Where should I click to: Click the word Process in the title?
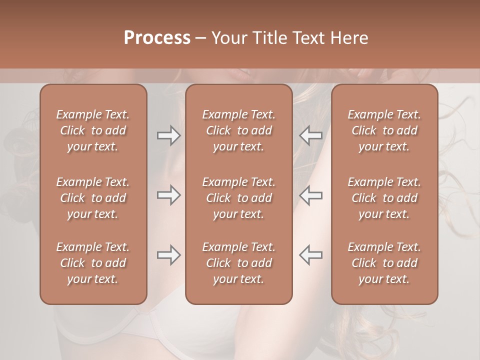157,38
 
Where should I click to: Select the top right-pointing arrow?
168,135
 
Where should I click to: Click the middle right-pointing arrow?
168,195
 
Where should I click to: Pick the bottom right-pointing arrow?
168,255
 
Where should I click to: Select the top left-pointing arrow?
310,135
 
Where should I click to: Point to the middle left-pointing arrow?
310,195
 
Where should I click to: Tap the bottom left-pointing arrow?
310,255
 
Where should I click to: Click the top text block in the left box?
93,130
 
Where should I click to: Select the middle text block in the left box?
93,198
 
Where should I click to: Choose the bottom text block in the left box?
93,263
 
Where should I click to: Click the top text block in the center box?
238,130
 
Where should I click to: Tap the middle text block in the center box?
238,198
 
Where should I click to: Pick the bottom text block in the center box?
238,263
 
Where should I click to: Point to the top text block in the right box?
384,130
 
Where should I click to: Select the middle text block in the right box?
384,198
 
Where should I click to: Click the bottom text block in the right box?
384,263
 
